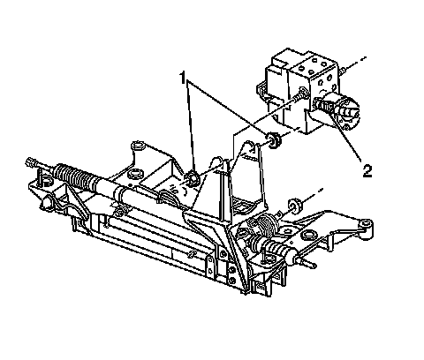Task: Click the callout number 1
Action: coord(183,78)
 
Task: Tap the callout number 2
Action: coord(367,171)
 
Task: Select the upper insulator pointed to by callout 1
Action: coord(274,140)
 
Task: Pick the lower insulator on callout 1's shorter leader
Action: coord(192,178)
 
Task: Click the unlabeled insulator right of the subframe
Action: coord(294,206)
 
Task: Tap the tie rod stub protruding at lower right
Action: coord(307,262)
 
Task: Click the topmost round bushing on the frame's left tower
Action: coord(139,146)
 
